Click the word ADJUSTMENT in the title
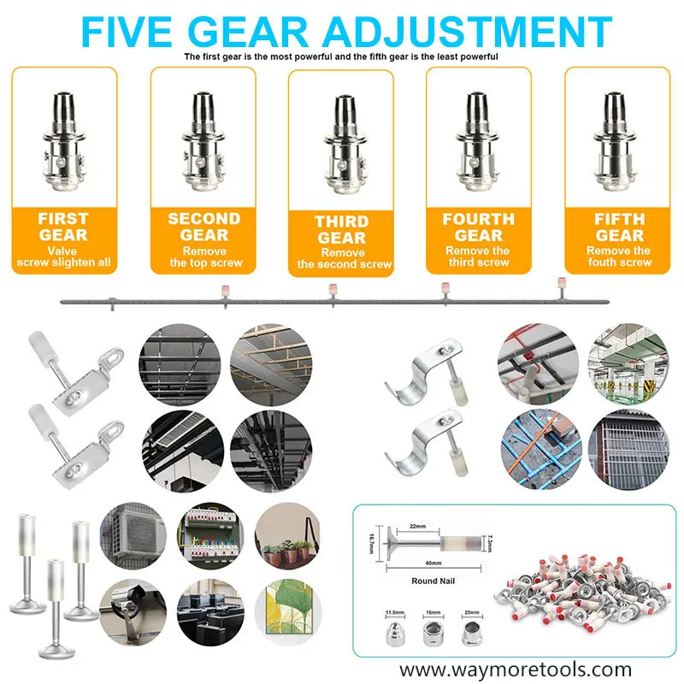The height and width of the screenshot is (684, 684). [x=468, y=32]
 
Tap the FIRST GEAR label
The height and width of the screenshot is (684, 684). [x=63, y=227]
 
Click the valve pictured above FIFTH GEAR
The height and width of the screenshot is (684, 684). [x=615, y=142]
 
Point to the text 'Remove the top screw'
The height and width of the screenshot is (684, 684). [x=205, y=257]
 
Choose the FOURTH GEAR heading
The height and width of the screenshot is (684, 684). [x=479, y=227]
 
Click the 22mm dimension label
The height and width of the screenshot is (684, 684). [x=417, y=526]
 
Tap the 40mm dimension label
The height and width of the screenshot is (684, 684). [x=433, y=563]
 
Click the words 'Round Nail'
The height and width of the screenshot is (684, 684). [x=433, y=581]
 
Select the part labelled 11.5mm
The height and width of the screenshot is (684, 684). [x=396, y=634]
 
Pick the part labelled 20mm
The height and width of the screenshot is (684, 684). [x=472, y=634]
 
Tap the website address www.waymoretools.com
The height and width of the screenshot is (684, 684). [x=516, y=669]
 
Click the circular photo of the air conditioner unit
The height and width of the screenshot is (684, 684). [x=133, y=536]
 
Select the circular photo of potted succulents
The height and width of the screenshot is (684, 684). [x=287, y=536]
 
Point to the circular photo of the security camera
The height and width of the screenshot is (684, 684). [x=133, y=612]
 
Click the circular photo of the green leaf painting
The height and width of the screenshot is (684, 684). [x=288, y=612]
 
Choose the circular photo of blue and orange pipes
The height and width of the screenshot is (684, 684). [x=541, y=449]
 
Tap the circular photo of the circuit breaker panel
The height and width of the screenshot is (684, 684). [x=210, y=536]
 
